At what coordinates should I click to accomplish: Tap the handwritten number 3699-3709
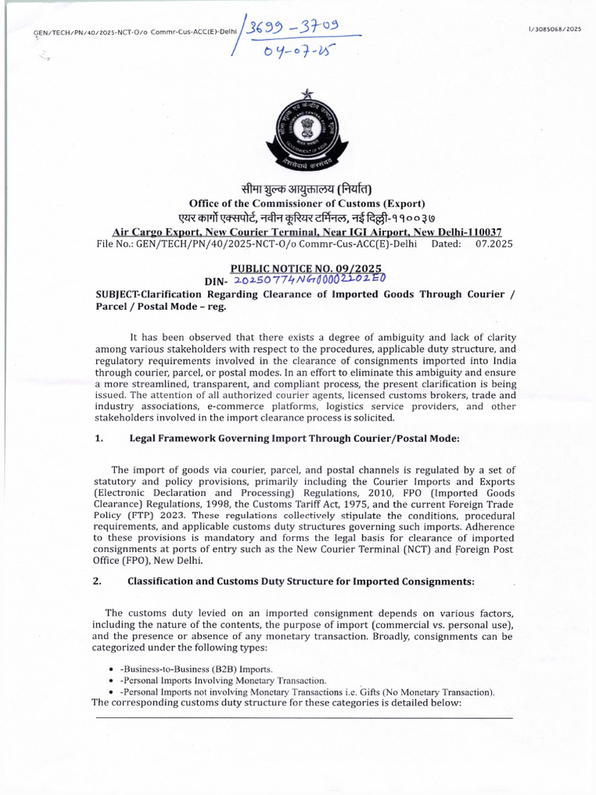pyautogui.click(x=299, y=28)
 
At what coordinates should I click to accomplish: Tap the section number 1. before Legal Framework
pyautogui.click(x=99, y=439)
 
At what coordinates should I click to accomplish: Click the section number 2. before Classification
pyautogui.click(x=99, y=581)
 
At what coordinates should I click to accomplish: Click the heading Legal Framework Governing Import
pyautogui.click(x=294, y=439)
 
